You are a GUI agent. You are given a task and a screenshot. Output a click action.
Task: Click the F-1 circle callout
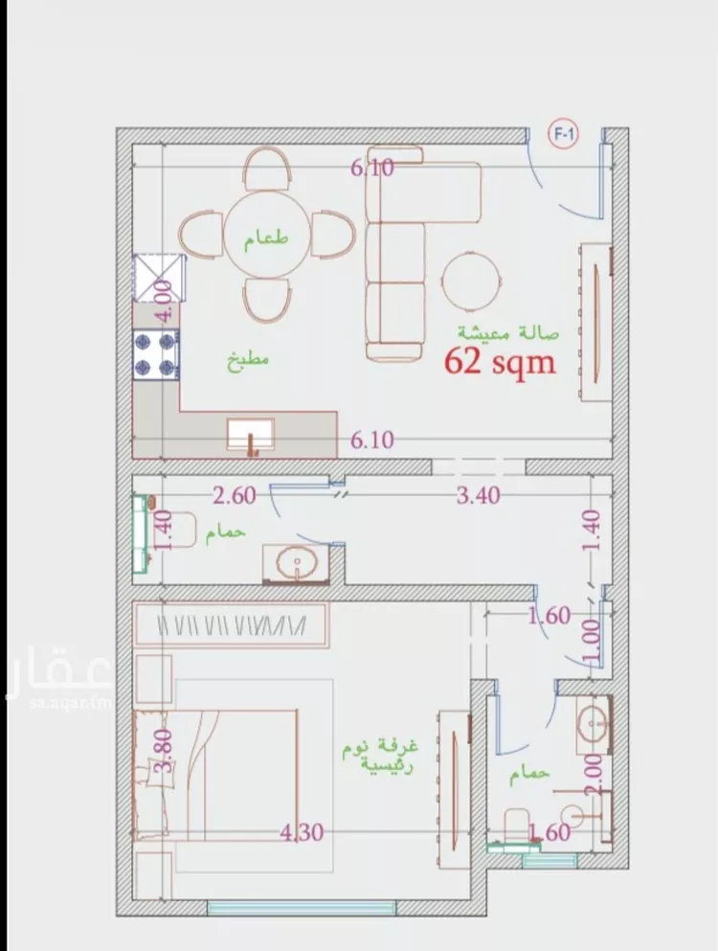tap(563, 135)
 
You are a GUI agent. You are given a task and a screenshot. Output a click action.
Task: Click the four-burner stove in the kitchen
tap(156, 354)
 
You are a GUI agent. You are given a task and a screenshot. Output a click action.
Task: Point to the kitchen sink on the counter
tap(251, 435)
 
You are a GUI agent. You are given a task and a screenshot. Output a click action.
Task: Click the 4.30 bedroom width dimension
tap(302, 832)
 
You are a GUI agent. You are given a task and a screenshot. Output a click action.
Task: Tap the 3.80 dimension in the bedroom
tap(164, 750)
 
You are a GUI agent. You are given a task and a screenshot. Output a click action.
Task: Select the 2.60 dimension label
tap(235, 495)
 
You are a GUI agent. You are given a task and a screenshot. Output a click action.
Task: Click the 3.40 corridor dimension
tap(479, 495)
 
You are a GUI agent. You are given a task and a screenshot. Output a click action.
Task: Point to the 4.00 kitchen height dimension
tap(164, 301)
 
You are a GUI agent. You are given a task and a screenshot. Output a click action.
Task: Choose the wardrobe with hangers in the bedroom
tap(231, 623)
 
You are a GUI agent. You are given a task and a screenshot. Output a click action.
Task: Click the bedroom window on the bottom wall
tap(302, 908)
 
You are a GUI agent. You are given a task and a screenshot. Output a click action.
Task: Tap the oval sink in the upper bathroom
tap(296, 563)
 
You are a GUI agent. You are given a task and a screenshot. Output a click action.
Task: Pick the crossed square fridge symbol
tap(159, 279)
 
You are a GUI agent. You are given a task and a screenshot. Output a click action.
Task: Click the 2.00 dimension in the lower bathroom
tap(594, 775)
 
